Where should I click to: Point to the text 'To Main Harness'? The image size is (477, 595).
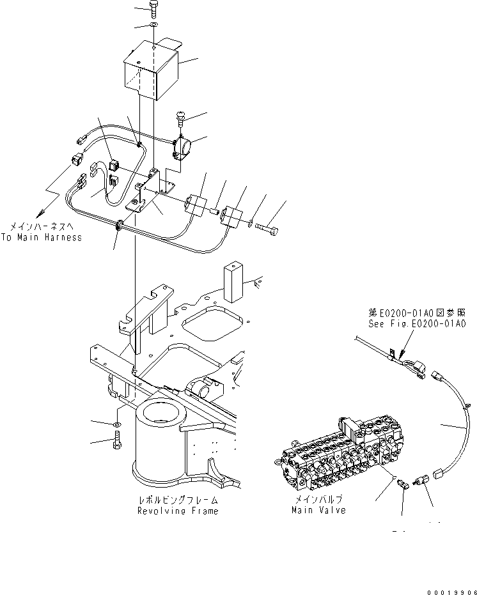(42, 237)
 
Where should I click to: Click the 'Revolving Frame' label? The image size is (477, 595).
(177, 511)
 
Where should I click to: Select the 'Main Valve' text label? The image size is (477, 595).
(318, 510)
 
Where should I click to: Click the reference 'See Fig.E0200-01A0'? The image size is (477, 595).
(418, 324)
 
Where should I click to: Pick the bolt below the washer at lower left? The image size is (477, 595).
(118, 441)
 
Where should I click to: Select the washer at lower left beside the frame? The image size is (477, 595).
(118, 424)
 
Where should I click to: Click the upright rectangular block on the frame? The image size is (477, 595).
(233, 281)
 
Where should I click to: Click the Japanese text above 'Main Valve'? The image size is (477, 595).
(318, 500)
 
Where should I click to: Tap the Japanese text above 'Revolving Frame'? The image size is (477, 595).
(177, 500)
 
